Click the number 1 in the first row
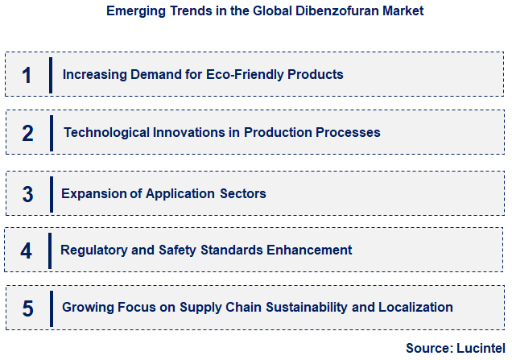[27, 75]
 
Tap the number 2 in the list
[27, 133]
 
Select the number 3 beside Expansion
[27, 194]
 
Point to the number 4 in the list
[27, 250]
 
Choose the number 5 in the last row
[27, 308]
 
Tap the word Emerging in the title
[134, 11]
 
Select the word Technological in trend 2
[104, 132]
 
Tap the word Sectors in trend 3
[242, 193]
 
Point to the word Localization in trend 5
[414, 307]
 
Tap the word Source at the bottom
[429, 348]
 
